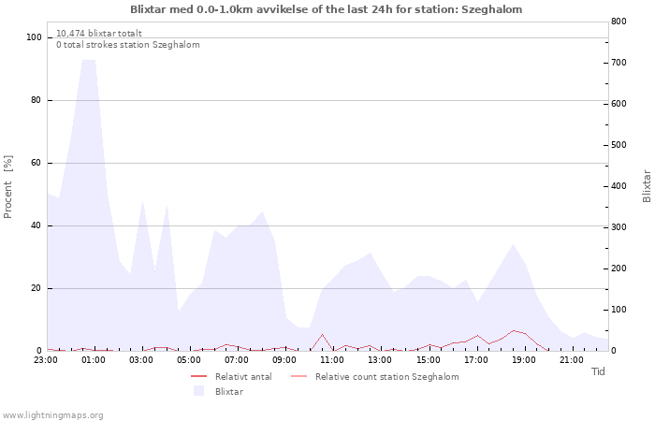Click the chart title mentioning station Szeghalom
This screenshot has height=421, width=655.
326,9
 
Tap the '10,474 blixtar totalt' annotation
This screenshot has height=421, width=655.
99,34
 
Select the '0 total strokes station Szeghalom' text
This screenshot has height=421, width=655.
128,45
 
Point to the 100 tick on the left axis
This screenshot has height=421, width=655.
34,37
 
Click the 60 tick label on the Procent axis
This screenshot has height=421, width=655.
36,163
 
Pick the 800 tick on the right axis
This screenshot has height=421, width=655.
619,22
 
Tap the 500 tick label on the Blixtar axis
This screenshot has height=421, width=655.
619,145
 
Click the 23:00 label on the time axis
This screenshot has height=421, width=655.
46,360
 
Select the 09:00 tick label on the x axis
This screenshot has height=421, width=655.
284,360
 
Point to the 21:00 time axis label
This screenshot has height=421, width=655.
572,360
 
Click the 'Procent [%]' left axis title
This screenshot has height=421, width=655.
7,187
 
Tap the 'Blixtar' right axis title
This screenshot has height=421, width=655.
647,186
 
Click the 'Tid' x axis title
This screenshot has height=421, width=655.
598,371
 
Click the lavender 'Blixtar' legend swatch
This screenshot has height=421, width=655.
198,391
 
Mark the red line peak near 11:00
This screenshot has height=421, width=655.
322,335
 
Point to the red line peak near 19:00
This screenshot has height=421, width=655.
514,330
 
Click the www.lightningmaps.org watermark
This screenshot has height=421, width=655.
52,415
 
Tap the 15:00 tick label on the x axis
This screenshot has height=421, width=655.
429,360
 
